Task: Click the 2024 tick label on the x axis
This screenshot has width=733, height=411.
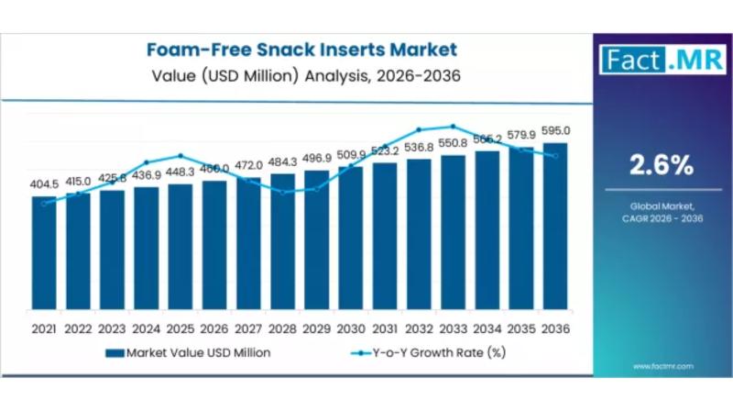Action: [x=147, y=328]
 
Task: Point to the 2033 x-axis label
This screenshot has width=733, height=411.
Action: [x=454, y=328]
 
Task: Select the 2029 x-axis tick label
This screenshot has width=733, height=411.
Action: [x=317, y=328]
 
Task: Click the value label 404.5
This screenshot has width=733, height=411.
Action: [x=44, y=183]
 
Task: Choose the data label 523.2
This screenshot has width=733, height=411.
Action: [x=385, y=150]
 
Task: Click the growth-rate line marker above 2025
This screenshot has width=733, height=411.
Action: [x=181, y=156]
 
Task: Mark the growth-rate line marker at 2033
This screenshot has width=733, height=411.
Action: [x=453, y=127]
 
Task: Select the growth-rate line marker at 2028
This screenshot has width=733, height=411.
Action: [x=283, y=193]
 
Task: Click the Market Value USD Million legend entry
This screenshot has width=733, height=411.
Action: [x=188, y=351]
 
